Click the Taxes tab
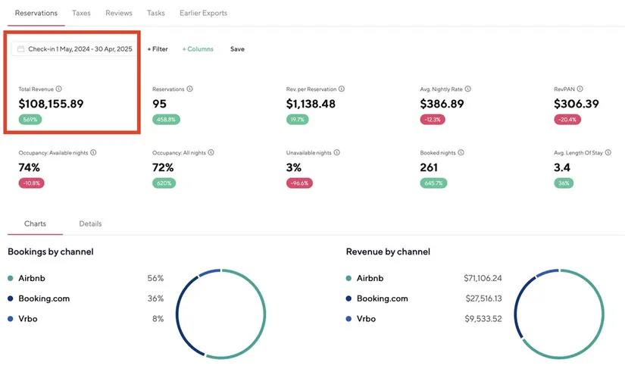pyautogui.click(x=81, y=13)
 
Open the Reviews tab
pyautogui.click(x=119, y=13)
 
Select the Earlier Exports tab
pyautogui.click(x=203, y=13)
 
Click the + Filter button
pyautogui.click(x=158, y=49)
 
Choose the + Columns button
pyautogui.click(x=198, y=49)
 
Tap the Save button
pyautogui.click(x=237, y=49)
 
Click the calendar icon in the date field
pyautogui.click(x=21, y=49)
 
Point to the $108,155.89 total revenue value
pyautogui.click(x=51, y=104)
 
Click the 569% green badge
pyautogui.click(x=30, y=120)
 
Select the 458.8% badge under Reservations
pyautogui.click(x=164, y=120)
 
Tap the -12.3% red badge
pyautogui.click(x=433, y=120)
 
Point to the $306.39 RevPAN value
pyautogui.click(x=576, y=104)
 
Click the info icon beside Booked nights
pyautogui.click(x=461, y=152)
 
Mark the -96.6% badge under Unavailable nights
pyautogui.click(x=299, y=183)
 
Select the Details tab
pyautogui.click(x=90, y=223)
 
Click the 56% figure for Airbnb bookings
pyautogui.click(x=155, y=278)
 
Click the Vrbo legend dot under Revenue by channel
pyautogui.click(x=348, y=319)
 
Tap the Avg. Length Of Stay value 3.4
pyautogui.click(x=562, y=167)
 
